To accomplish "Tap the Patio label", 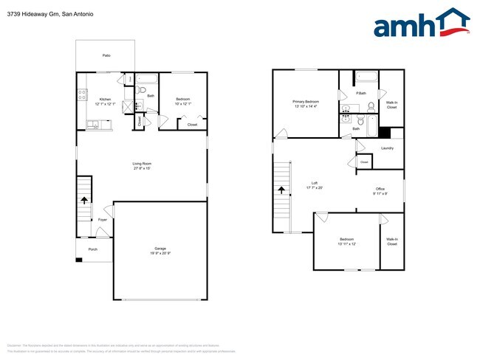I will [106, 55].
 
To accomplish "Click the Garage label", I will [160, 249].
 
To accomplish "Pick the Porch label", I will [93, 249].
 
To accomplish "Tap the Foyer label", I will [103, 220].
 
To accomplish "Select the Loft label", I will [314, 183].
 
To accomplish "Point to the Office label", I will [380, 189].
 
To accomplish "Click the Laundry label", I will [387, 148].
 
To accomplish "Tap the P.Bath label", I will [361, 93].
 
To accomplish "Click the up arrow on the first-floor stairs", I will [83, 199].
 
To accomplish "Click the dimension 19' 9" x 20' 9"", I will [160, 254].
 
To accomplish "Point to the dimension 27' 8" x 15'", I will [142, 168].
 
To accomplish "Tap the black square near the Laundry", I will [383, 133].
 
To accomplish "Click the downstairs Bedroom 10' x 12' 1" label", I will [184, 99].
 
